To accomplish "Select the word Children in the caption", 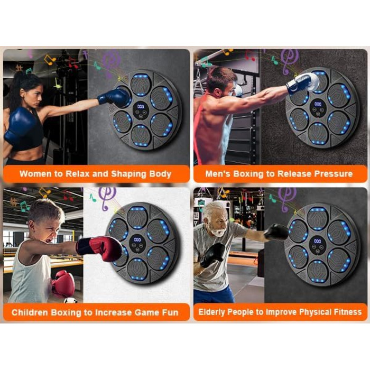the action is (30, 312).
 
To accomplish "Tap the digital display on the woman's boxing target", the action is (141, 107).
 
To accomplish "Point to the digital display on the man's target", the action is (318, 104).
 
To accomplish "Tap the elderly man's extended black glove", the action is (276, 232).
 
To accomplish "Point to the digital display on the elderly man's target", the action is (318, 241).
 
